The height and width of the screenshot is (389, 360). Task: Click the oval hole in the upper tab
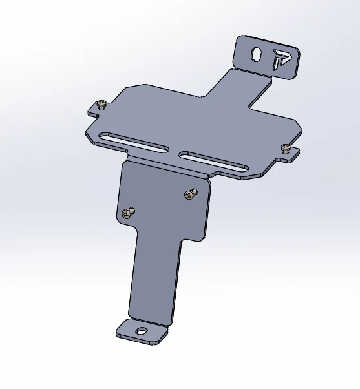(x=257, y=56)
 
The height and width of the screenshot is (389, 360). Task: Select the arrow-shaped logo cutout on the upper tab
(x=281, y=59)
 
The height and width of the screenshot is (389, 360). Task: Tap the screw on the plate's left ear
(x=101, y=104)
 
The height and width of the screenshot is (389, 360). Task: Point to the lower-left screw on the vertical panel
(x=128, y=211)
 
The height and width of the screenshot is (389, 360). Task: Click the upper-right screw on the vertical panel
(x=189, y=193)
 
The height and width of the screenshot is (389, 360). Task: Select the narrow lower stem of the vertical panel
(x=155, y=278)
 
